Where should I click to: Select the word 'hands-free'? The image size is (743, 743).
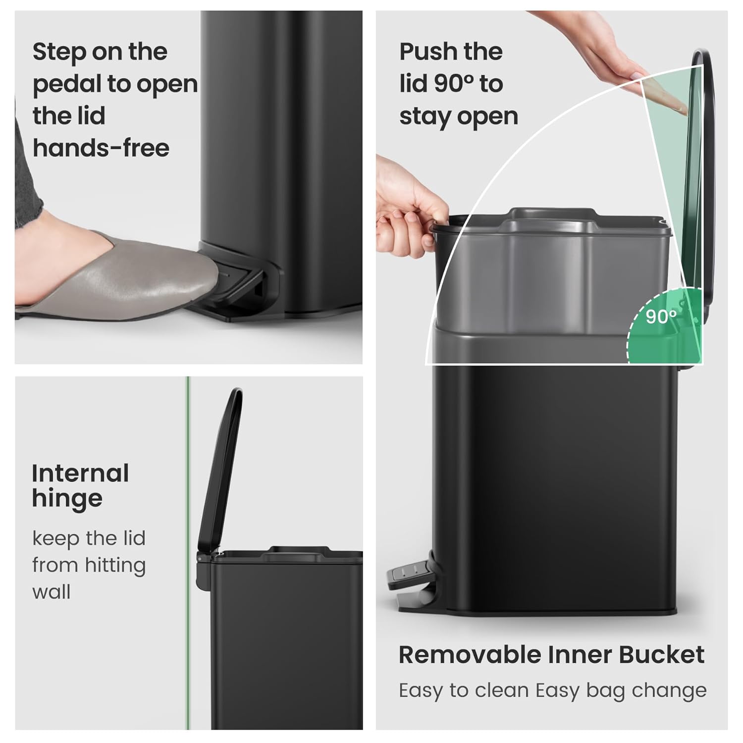pyautogui.click(x=101, y=148)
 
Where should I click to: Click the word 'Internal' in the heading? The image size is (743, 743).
pyautogui.click(x=80, y=474)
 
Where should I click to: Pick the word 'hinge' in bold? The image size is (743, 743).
pyautogui.click(x=67, y=499)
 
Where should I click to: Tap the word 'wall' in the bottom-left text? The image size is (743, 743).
pyautogui.click(x=52, y=592)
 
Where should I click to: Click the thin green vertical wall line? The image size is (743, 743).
pyautogui.click(x=188, y=495)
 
